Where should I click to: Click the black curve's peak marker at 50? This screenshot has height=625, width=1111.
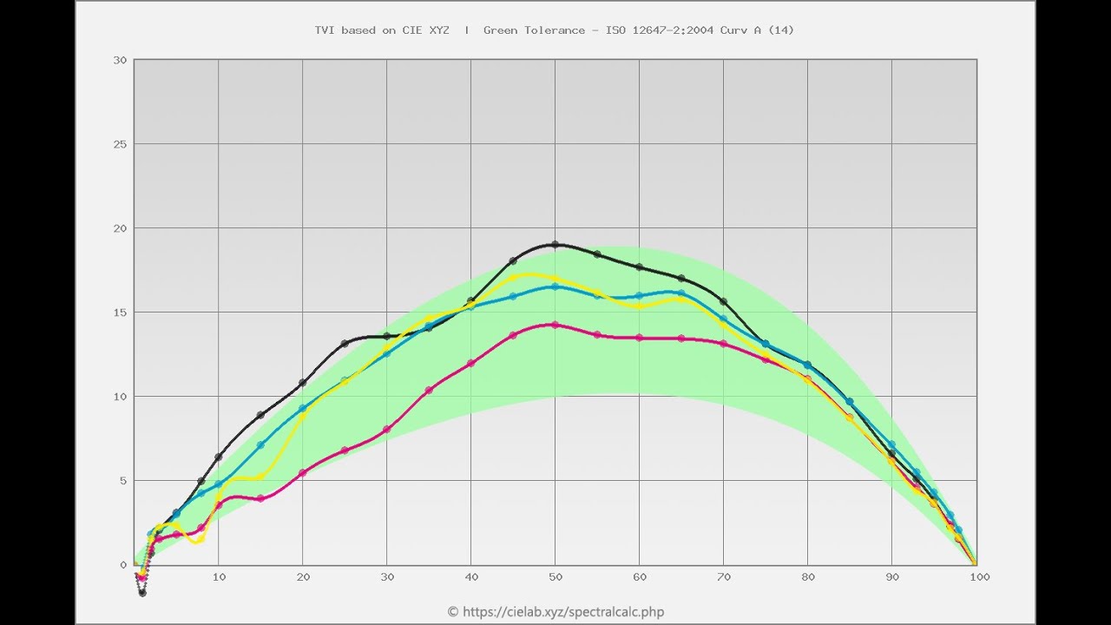(x=555, y=245)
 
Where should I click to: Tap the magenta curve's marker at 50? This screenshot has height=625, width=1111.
(x=555, y=325)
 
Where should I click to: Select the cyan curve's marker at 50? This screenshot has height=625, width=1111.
(x=555, y=286)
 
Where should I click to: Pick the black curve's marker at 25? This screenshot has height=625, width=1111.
(x=345, y=344)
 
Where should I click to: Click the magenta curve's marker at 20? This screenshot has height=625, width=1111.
(x=302, y=473)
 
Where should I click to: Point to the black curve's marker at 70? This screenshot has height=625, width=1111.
(x=724, y=301)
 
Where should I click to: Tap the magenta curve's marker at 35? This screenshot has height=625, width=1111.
(x=429, y=390)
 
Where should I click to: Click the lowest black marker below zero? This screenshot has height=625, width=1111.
(x=142, y=593)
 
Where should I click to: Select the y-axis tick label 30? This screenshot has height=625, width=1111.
(x=120, y=60)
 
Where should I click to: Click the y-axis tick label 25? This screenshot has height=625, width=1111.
(x=120, y=144)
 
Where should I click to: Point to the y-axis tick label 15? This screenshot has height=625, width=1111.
(x=120, y=312)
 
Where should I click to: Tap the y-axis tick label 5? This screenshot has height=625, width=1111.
(x=123, y=481)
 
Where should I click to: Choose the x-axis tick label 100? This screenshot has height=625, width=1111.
(x=980, y=576)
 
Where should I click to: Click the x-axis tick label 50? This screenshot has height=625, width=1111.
(x=555, y=576)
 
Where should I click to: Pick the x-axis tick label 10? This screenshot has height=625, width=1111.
(x=219, y=576)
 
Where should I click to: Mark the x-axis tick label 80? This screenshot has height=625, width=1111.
(x=808, y=576)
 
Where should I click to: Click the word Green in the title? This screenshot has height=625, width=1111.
(x=502, y=30)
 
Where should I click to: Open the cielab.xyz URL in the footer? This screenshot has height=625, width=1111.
(x=563, y=612)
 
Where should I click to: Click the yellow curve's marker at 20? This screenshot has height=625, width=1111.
(x=302, y=415)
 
